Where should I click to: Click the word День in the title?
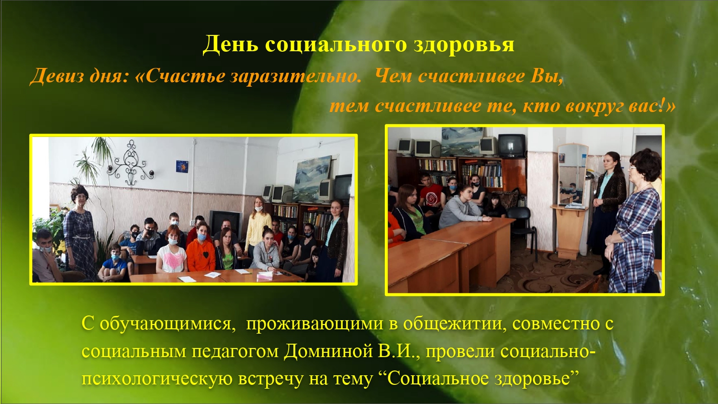coord(230,45)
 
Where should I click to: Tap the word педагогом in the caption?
coord(235,352)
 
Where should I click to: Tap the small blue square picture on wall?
coord(182,167)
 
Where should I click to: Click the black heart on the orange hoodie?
coord(205,255)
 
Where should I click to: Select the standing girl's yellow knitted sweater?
coord(258,229)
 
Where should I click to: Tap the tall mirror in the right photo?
coord(573,175)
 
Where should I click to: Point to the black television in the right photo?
coord(512,145)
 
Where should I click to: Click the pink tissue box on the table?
coord(265,275)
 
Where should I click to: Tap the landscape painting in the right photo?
coord(462,141)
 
